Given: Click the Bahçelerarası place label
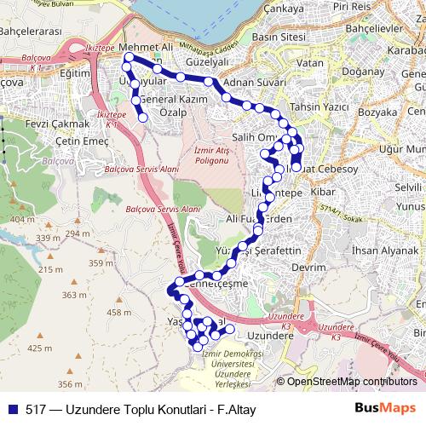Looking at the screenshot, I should (x=32, y=31).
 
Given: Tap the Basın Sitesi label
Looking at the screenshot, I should (x=279, y=37).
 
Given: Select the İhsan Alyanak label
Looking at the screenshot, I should (x=385, y=250).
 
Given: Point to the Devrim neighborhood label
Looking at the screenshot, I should (x=308, y=267).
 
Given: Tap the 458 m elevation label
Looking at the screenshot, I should (x=118, y=313).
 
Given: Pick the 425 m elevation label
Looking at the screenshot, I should (x=39, y=348).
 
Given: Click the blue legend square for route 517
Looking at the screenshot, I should (x=12, y=409).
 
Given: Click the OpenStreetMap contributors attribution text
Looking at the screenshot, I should (x=350, y=382).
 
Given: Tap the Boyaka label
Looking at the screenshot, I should (x=377, y=112).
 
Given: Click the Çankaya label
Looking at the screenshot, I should (x=260, y=8).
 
